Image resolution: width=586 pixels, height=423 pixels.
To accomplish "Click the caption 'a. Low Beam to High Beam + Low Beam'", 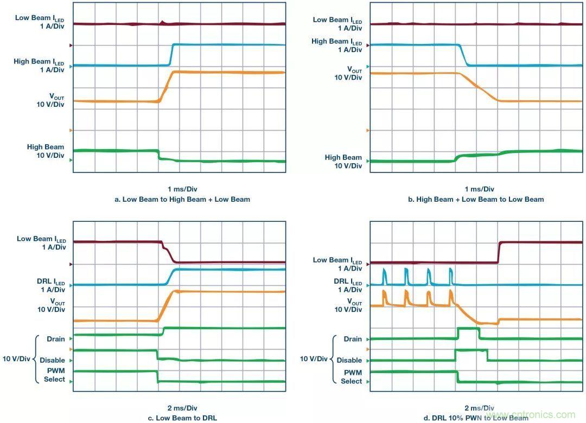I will tap(182, 199).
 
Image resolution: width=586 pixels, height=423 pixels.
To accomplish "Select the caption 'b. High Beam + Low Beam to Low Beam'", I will tap(475, 199).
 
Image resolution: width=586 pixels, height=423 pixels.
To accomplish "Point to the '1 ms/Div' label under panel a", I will tap(182, 189).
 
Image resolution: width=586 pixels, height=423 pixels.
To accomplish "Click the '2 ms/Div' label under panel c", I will tap(182, 408).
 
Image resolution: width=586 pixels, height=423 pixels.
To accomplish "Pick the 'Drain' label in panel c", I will tap(56, 339).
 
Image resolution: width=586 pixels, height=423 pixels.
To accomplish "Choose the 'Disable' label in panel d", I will tap(349, 360).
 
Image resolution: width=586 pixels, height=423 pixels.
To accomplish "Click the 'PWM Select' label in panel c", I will tap(54, 375).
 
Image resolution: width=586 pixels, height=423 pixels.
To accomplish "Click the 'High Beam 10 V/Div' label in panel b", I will tap(343, 162).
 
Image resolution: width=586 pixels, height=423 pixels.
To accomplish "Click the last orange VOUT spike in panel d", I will tap(450, 297).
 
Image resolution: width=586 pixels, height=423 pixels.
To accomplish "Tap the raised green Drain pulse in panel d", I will tap(468, 329).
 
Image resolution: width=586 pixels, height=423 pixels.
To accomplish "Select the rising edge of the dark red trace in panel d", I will tap(499, 252).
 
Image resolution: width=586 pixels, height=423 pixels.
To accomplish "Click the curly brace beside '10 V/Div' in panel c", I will tap(37, 359).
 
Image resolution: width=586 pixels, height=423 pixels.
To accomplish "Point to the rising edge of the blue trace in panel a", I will tap(171, 54).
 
